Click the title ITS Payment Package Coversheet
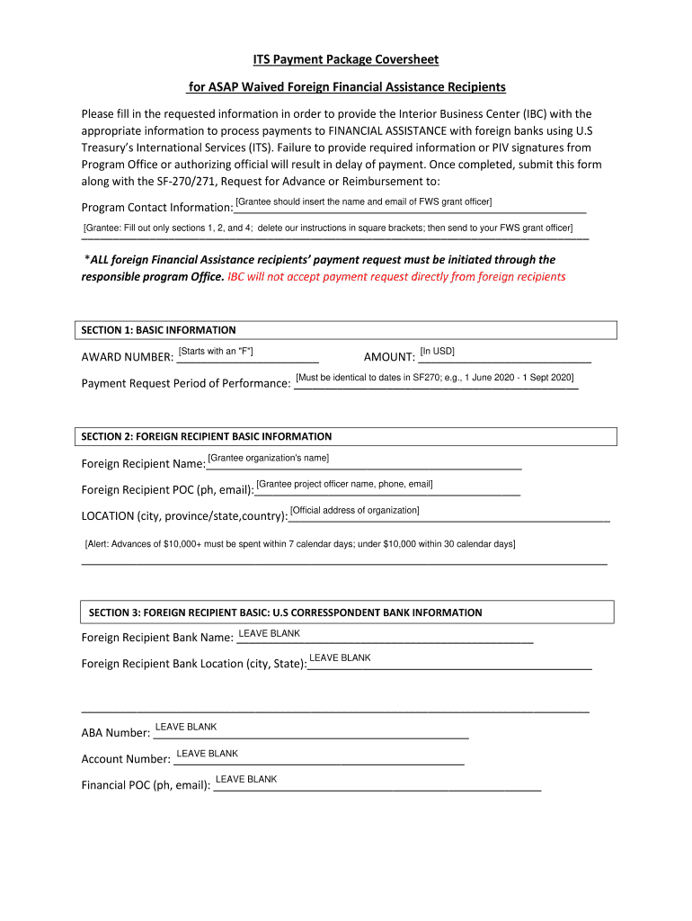[345, 60]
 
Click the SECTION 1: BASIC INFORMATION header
[159, 330]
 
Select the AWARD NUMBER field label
[128, 358]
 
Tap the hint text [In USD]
[437, 351]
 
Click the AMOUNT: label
[388, 358]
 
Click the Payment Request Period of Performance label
[186, 384]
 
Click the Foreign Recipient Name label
[144, 465]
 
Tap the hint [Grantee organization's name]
[268, 459]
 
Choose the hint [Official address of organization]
[355, 511]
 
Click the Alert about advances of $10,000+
[299, 544]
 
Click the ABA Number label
[116, 733]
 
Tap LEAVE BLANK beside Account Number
[207, 754]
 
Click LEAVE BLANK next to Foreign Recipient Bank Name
[269, 634]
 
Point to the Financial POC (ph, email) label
[146, 785]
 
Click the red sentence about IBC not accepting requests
[396, 277]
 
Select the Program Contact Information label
[157, 208]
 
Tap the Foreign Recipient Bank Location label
[193, 665]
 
